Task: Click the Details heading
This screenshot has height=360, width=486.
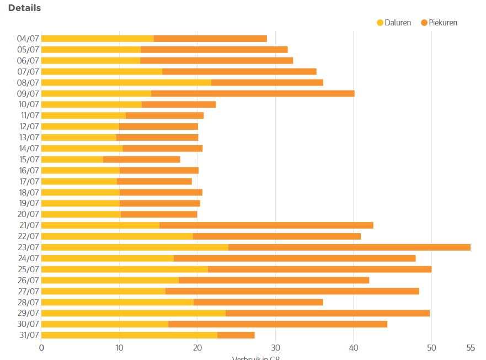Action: pyautogui.click(x=24, y=8)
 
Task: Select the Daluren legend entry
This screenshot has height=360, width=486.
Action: pyautogui.click(x=394, y=23)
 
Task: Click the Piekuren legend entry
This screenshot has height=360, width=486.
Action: pyautogui.click(x=439, y=23)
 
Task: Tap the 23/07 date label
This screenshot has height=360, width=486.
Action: pyautogui.click(x=28, y=247)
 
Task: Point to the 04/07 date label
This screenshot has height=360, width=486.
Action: pyautogui.click(x=28, y=39)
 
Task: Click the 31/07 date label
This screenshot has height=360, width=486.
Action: pyautogui.click(x=28, y=335)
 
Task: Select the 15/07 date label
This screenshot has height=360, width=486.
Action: pyautogui.click(x=28, y=160)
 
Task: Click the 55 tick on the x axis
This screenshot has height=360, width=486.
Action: pyautogui.click(x=471, y=348)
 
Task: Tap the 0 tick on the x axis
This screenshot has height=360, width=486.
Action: pyautogui.click(x=41, y=348)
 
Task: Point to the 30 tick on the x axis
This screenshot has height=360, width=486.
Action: pyautogui.click(x=275, y=348)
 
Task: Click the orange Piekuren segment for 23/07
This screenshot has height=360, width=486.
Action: pyautogui.click(x=349, y=247)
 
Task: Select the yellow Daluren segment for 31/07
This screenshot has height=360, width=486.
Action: pyautogui.click(x=129, y=335)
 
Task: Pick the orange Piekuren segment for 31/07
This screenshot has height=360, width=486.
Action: pyautogui.click(x=236, y=335)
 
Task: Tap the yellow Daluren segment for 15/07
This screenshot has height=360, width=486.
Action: pyautogui.click(x=72, y=160)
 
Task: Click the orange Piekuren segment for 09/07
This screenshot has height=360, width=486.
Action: pyautogui.click(x=253, y=93)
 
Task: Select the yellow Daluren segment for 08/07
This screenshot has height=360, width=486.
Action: pyautogui.click(x=126, y=82)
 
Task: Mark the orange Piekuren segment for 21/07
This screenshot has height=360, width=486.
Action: pyautogui.click(x=266, y=225)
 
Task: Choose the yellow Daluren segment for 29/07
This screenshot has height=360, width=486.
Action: pyautogui.click(x=133, y=313)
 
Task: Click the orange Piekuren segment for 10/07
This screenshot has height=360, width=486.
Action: pyautogui.click(x=179, y=104)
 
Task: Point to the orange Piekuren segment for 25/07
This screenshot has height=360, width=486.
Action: pyautogui.click(x=320, y=269)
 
